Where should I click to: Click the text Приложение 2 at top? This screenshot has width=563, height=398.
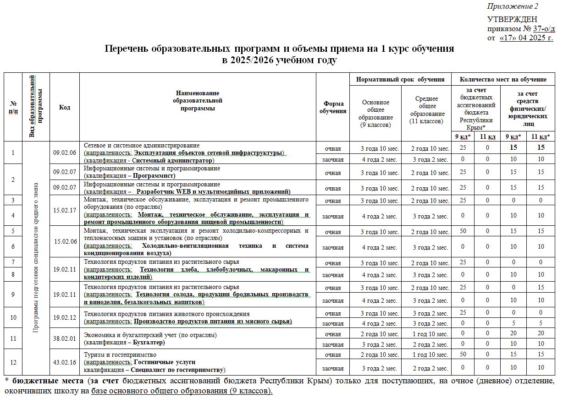[513, 6]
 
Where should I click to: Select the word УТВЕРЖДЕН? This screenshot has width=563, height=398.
[512, 20]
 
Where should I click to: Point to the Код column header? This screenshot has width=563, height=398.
[65, 107]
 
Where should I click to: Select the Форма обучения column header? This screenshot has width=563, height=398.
[333, 107]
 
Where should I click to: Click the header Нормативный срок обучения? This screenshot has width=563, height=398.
[400, 79]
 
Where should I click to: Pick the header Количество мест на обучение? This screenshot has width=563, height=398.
[503, 79]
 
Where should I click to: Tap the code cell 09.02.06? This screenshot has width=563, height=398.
[65, 153]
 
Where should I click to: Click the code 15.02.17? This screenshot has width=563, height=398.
[65, 210]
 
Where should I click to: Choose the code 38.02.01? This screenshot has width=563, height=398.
[65, 338]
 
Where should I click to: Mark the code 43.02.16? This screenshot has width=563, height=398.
[65, 362]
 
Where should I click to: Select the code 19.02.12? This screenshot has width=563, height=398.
[65, 317]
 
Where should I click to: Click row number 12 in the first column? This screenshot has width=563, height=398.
[13, 362]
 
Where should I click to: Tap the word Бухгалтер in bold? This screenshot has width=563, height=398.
[149, 343]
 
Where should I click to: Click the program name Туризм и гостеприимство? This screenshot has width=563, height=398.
[120, 354]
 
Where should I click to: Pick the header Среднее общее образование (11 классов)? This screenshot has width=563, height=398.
[426, 110]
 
